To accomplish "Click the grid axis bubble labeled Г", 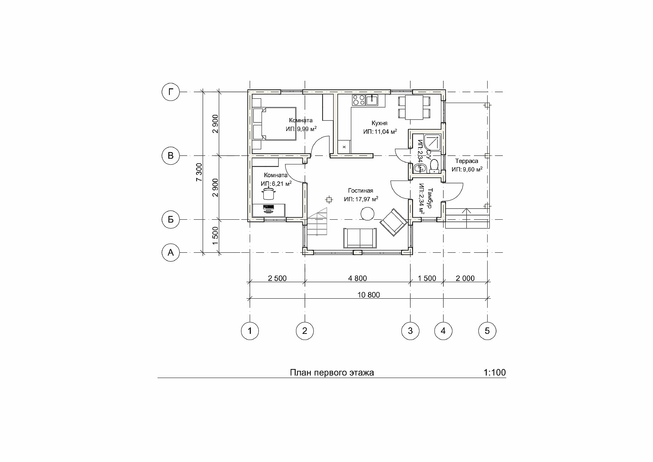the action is (x=170, y=92).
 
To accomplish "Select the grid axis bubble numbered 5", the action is (x=487, y=331).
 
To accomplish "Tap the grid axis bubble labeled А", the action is (x=170, y=253).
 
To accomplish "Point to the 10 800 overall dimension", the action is (x=369, y=295).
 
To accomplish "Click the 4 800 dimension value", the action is (x=358, y=279).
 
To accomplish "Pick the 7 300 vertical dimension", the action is (x=199, y=172).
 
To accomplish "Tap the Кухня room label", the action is (x=380, y=123).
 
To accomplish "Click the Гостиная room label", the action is (x=361, y=191).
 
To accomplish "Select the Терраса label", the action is (x=467, y=161).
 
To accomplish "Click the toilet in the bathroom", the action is (x=434, y=165).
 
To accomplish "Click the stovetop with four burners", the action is (x=358, y=100).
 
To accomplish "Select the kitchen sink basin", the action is (x=372, y=100).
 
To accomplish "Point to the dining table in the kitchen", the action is (x=414, y=107).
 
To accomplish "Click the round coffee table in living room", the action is (x=367, y=215).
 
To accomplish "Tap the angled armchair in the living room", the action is (x=394, y=222).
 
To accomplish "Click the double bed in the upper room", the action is (x=274, y=123).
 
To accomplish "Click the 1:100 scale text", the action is (x=495, y=373).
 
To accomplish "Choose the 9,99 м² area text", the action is (x=306, y=129).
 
